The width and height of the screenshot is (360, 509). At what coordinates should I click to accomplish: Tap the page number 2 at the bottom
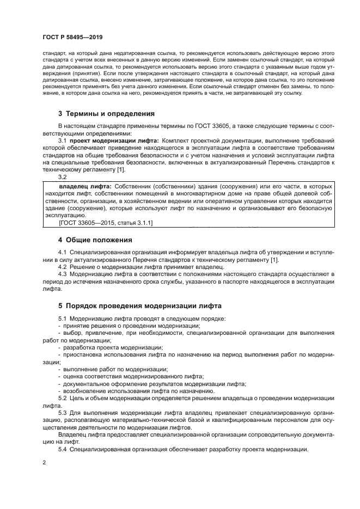pyautogui.click(x=44, y=462)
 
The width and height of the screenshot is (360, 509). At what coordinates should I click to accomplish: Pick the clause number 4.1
pyautogui.click(x=62, y=253)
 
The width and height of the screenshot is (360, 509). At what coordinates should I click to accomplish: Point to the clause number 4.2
pyautogui.click(x=62, y=267)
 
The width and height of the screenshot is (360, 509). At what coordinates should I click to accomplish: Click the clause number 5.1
pyautogui.click(x=62, y=318)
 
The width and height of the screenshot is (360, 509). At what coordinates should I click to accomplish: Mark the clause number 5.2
pyautogui.click(x=62, y=398)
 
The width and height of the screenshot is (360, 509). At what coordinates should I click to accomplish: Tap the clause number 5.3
pyautogui.click(x=62, y=413)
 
